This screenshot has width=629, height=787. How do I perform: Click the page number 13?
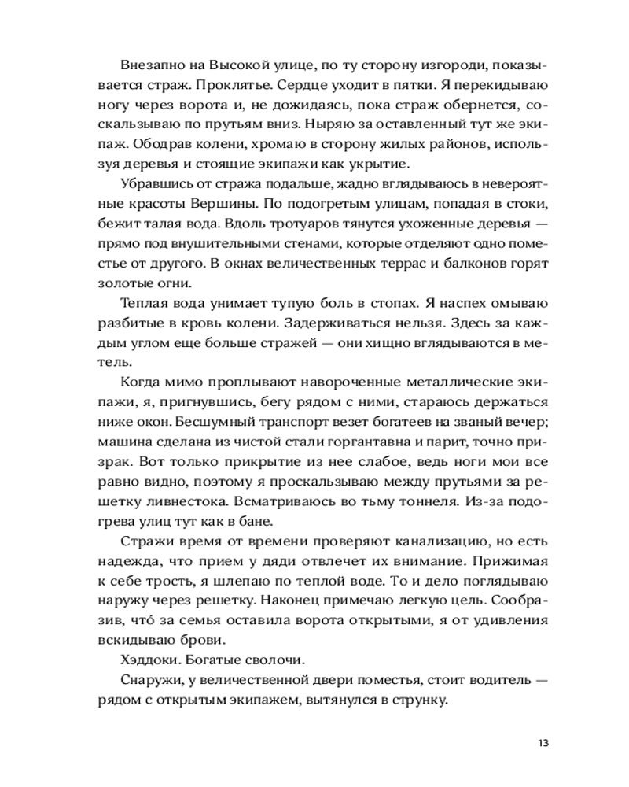point(543,743)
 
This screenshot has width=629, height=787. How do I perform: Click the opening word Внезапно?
point(149,64)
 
